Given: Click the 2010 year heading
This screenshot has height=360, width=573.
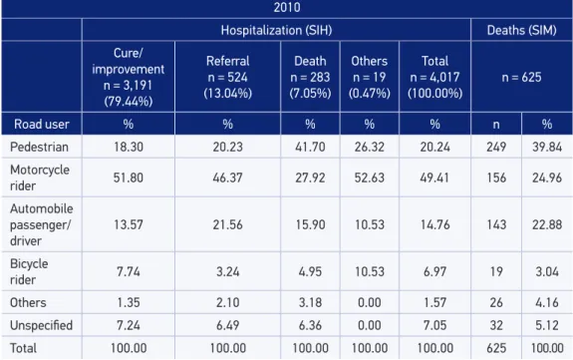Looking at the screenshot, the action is pyautogui.click(x=287, y=7).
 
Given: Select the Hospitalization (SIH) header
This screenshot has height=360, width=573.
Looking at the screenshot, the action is pyautogui.click(x=276, y=30).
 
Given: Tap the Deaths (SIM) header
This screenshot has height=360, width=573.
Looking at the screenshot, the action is pyautogui.click(x=521, y=30).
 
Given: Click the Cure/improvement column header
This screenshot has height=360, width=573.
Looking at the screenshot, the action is pyautogui.click(x=129, y=77).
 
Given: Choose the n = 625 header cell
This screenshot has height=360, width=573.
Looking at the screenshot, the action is pyautogui.click(x=521, y=77).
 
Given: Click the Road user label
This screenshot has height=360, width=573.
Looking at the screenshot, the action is pyautogui.click(x=42, y=125).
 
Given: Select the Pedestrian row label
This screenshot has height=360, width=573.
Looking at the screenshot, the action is pyautogui.click(x=39, y=147).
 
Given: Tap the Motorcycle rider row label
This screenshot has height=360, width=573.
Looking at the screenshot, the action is pyautogui.click(x=40, y=178).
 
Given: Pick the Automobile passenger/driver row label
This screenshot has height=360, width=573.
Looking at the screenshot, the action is pyautogui.click(x=41, y=224).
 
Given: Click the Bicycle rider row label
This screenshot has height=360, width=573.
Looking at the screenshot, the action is pyautogui.click(x=29, y=271).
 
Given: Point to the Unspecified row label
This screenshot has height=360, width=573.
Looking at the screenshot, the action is pyautogui.click(x=41, y=325).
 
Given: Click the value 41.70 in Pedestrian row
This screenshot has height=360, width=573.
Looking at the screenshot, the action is pyautogui.click(x=310, y=147).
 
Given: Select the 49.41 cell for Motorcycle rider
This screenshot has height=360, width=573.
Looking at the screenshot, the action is pyautogui.click(x=434, y=178).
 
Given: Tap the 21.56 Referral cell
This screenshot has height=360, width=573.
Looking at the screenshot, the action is pyautogui.click(x=227, y=224).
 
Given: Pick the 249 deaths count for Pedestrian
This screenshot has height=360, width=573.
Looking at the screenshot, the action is pyautogui.click(x=496, y=147).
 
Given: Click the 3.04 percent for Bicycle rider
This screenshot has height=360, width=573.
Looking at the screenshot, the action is pyautogui.click(x=547, y=271).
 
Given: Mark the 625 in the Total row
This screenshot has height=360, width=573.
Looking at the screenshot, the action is pyautogui.click(x=496, y=348).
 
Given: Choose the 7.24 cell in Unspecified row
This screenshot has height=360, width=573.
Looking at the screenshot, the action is pyautogui.click(x=129, y=325).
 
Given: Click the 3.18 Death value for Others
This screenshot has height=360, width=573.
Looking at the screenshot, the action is pyautogui.click(x=310, y=302).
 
